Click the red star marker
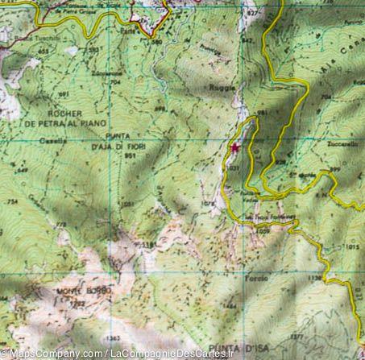point(235,148)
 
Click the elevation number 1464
point(232,306)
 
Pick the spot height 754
point(13,201)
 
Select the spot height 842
point(247,39)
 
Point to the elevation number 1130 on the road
point(313,276)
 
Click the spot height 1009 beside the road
point(265,231)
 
